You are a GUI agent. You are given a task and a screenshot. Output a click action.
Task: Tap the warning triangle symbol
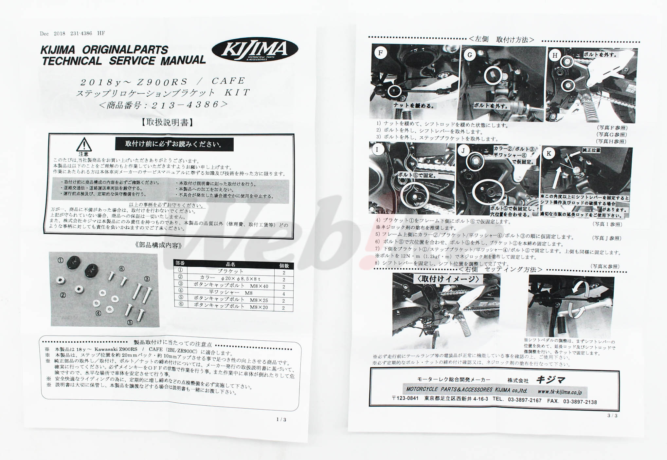click(84, 144)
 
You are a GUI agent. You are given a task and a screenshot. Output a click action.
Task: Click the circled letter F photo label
click(380, 53)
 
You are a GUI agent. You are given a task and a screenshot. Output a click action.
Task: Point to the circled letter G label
click(470, 55)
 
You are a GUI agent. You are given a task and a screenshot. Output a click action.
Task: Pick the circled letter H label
click(555, 55)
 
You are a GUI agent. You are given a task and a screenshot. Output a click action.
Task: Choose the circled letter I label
click(377, 150)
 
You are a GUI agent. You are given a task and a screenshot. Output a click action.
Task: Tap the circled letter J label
click(463, 151)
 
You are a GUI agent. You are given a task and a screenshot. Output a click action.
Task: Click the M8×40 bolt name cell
click(231, 286)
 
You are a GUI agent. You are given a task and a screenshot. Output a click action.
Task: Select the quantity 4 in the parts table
click(284, 294)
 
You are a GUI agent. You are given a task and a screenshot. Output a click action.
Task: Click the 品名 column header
click(231, 264)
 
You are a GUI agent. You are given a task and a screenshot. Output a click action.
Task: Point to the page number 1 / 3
click(281, 419)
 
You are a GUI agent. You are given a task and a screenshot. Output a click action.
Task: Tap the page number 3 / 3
click(612, 415)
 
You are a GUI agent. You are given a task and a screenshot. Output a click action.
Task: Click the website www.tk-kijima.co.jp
click(559, 392)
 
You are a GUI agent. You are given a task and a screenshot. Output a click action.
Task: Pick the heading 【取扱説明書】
click(167, 123)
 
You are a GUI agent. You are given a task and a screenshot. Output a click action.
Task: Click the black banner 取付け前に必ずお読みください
click(174, 144)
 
